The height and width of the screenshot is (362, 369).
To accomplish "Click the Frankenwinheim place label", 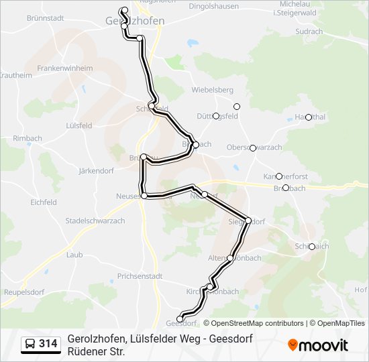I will coord(65,68).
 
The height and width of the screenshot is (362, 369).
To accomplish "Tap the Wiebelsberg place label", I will coord(212,90).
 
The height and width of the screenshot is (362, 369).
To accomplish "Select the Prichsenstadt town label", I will coord(140,276).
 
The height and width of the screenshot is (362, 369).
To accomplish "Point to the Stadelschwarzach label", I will coord(95,221).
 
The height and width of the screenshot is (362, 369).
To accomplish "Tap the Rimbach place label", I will coord(27,139).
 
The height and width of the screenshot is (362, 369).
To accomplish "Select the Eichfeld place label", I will coord(43,202).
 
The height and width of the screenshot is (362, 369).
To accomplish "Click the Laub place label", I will coord(74,255).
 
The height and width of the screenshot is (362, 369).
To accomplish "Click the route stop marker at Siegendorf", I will coord(248,220).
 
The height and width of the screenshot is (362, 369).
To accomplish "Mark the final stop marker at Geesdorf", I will coord(180,318).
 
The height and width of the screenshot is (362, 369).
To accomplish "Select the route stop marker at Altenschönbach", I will coord(230,258).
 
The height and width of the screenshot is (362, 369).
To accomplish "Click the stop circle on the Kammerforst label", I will coord(279,176).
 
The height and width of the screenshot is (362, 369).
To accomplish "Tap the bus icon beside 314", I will coord(30,345).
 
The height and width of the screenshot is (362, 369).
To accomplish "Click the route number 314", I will coord(48,345).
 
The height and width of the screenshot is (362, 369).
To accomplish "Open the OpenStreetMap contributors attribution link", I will coord(257,323).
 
